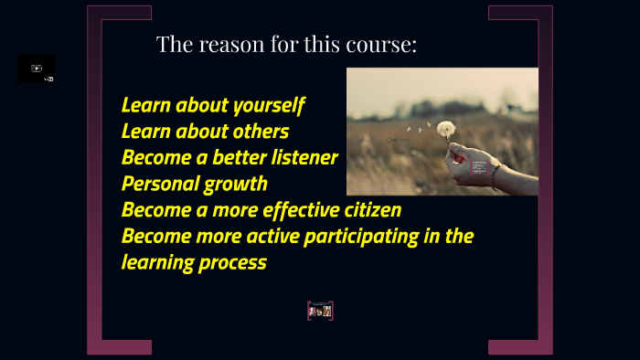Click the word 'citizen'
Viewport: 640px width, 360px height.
pos(370,210)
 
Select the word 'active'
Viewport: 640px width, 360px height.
pos(273,237)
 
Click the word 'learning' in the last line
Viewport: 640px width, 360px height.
pos(156,263)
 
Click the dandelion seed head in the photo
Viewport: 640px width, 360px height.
pos(446,129)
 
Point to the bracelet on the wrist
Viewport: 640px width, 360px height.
pos(495,174)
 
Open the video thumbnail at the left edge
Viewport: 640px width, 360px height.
pos(37,69)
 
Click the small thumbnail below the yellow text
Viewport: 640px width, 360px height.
pos(320,311)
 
